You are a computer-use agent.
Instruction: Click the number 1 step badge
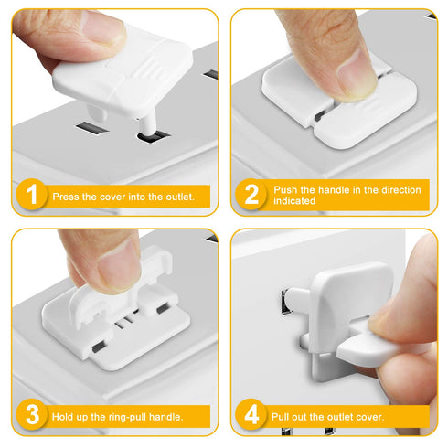pos(33,195)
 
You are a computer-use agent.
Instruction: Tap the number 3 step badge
pos(33,416)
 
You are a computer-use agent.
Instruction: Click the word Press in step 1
pos(67,196)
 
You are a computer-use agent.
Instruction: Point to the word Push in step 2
pos(286,189)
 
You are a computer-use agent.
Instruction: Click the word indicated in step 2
pos(294,201)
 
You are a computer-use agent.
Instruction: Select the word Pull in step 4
pos(283,417)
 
